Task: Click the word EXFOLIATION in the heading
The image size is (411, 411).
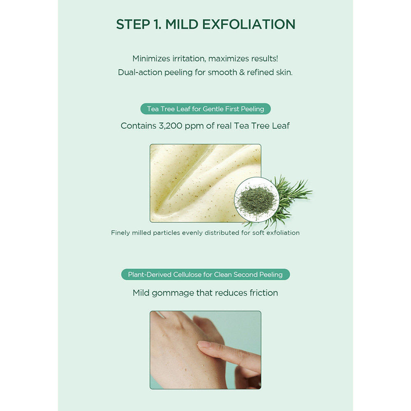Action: [x=249, y=24]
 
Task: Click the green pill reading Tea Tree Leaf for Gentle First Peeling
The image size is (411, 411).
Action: [x=205, y=109]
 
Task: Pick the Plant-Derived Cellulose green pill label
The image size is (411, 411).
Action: [x=205, y=275]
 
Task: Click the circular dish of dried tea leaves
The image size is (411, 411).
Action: [x=256, y=200]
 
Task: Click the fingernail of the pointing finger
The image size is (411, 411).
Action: [x=205, y=344]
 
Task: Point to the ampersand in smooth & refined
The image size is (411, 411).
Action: [x=242, y=72]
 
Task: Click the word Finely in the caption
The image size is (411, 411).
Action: [x=120, y=233]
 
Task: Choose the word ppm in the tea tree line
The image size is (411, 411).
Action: [x=194, y=127]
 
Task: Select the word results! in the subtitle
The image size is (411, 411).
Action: [x=264, y=58]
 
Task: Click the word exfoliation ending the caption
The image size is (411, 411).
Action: [x=283, y=233]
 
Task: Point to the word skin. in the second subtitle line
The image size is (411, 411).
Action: [x=284, y=72]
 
